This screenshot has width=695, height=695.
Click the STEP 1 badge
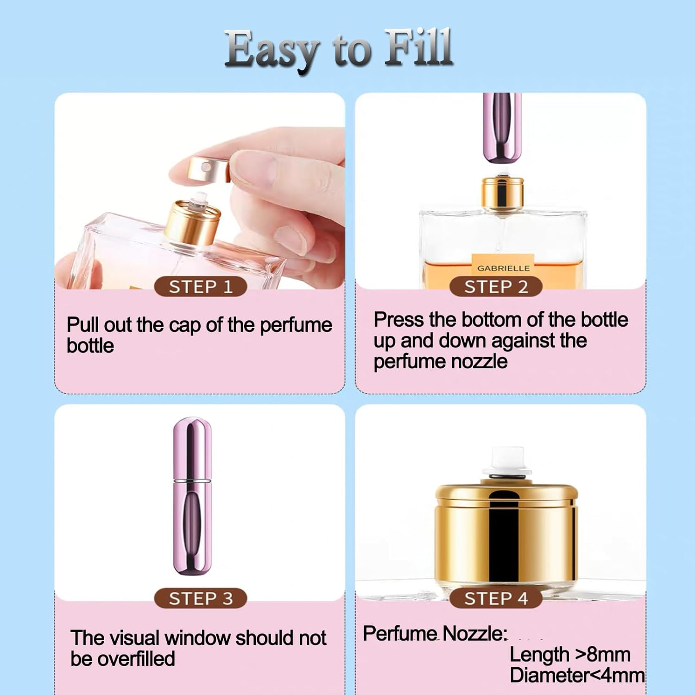click(200, 287)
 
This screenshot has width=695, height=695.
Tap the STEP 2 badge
click(496, 287)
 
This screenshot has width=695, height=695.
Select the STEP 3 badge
click(200, 598)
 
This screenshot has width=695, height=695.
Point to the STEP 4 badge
click(496, 598)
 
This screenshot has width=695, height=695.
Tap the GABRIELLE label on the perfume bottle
click(503, 268)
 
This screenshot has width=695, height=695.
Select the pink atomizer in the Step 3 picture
click(192, 496)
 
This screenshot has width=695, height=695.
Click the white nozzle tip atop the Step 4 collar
click(506, 461)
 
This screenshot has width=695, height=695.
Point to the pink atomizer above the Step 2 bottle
click(502, 127)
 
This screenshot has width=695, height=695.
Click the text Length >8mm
click(570, 655)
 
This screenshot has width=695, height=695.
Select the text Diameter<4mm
click(577, 675)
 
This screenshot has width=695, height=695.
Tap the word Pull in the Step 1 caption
click(83, 325)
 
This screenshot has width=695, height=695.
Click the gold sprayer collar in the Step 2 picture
click(502, 192)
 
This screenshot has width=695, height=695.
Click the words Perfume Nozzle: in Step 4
click(435, 633)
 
